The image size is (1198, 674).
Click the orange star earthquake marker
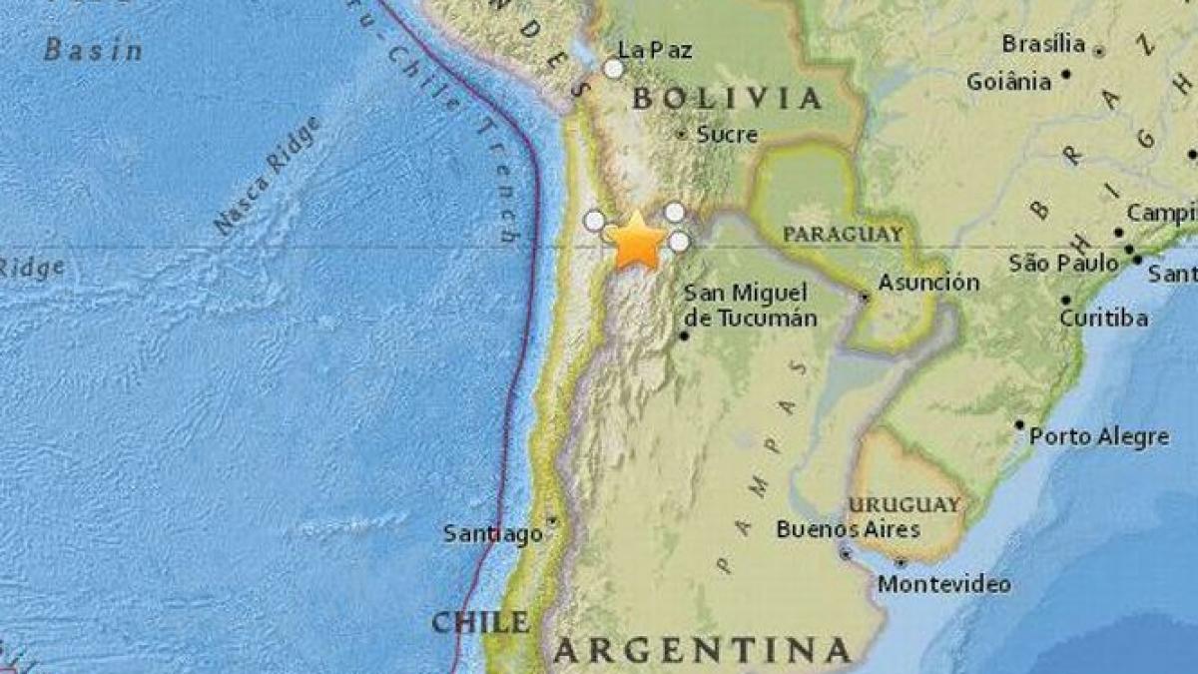click(x=636, y=242)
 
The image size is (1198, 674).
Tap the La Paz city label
click(x=655, y=50)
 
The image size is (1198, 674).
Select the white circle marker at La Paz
click(x=614, y=68)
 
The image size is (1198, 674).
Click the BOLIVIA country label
click(x=728, y=98)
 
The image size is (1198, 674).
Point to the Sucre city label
click(x=727, y=134)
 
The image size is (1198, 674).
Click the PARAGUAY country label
click(x=843, y=234)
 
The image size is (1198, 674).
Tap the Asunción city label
click(x=929, y=283)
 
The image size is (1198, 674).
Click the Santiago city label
click(x=493, y=534)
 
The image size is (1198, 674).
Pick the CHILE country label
click(x=480, y=622)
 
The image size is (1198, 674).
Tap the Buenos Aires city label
click(x=848, y=529)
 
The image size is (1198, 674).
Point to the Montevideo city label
click(x=944, y=584)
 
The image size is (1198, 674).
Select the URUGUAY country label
click(x=904, y=504)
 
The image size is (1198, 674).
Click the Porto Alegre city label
click(x=1098, y=436)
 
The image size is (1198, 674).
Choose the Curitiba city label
click(x=1103, y=319)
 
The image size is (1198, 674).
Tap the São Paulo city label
click(x=1063, y=263)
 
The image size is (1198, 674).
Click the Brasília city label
click(x=1043, y=44)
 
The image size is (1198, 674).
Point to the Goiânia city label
click(x=1009, y=82)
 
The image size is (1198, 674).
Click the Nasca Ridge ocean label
click(x=268, y=177)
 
